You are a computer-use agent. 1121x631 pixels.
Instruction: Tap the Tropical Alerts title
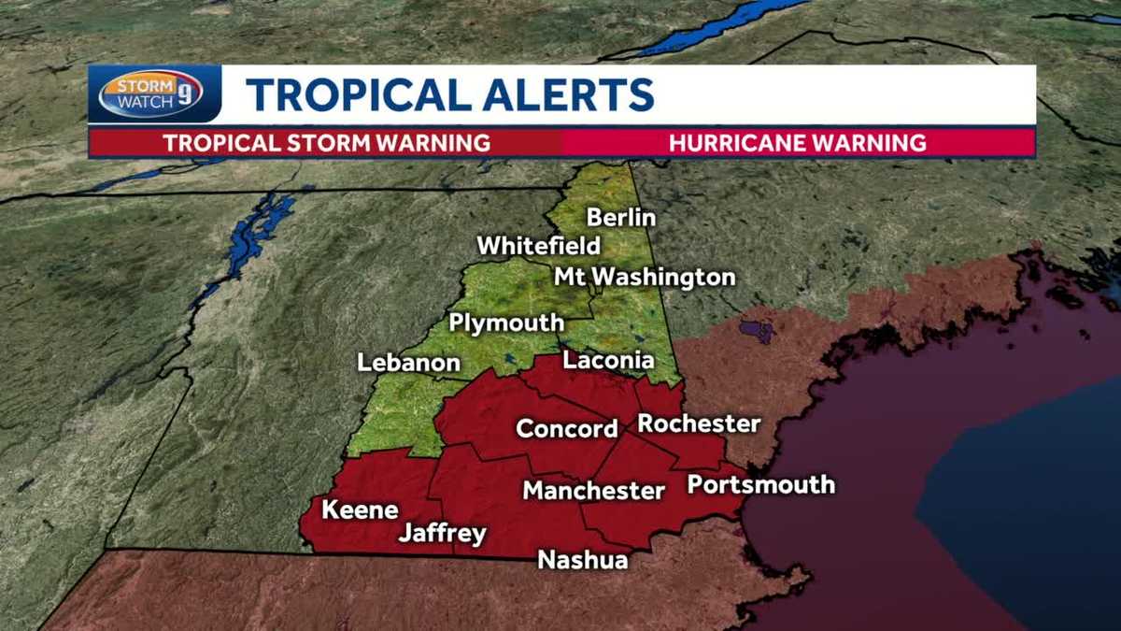coord(449,95)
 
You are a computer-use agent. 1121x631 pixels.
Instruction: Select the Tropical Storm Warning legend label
coord(327,143)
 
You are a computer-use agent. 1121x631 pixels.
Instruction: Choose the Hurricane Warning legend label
coord(798,143)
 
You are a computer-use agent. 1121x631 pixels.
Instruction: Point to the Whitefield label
coord(539,246)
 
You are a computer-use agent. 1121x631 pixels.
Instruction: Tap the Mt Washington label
coord(645,278)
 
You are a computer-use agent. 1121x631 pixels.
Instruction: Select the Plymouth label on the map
coord(506,323)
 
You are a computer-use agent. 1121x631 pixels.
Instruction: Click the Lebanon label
coord(409,363)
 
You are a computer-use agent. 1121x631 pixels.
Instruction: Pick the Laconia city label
coord(608,360)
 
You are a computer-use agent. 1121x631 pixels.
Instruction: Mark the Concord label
coord(567,429)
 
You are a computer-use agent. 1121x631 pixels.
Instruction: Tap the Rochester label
coord(699,423)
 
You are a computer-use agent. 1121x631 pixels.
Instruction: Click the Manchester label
coord(593,490)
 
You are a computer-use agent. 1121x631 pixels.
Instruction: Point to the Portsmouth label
coord(760,484)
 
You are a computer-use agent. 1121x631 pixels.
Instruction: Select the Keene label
coord(360,510)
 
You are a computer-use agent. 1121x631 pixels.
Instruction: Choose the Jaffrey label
coord(442,534)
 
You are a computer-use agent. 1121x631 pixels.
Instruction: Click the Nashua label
coord(582,560)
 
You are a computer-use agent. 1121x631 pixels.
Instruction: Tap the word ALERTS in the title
coord(547,95)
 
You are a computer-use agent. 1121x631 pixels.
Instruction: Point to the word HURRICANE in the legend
coord(742,143)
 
